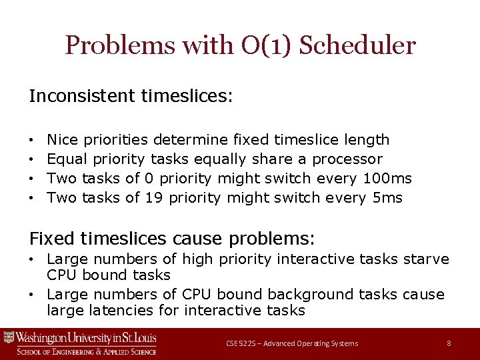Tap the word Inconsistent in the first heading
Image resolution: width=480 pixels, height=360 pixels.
82,97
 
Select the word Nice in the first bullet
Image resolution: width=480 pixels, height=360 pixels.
63,140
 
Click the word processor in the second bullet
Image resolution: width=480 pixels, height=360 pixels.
347,159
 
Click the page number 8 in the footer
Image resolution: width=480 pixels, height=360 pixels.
449,343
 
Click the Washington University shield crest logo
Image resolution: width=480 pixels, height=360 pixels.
9,337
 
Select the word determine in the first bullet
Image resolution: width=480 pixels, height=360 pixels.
191,140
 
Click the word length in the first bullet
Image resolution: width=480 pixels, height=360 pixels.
367,140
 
